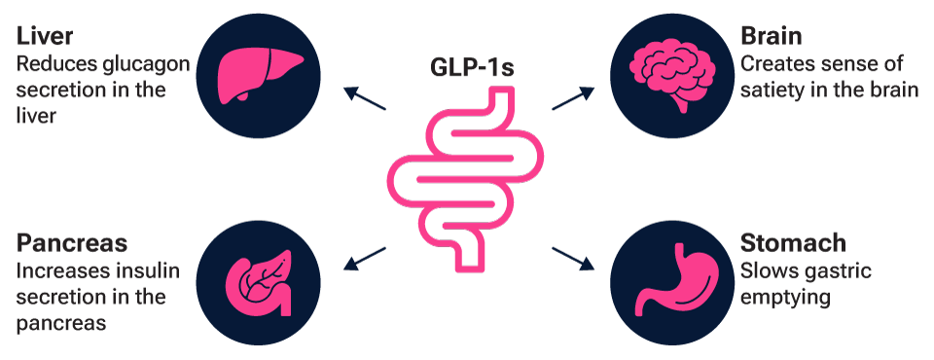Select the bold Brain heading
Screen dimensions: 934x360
[772, 37]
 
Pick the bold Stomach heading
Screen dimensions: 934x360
[794, 242]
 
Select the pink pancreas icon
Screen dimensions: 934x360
[258, 283]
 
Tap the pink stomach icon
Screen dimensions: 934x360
[673, 283]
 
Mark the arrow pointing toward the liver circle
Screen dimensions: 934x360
[365, 99]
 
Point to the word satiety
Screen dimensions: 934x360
[774, 90]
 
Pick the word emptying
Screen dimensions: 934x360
[785, 296]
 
